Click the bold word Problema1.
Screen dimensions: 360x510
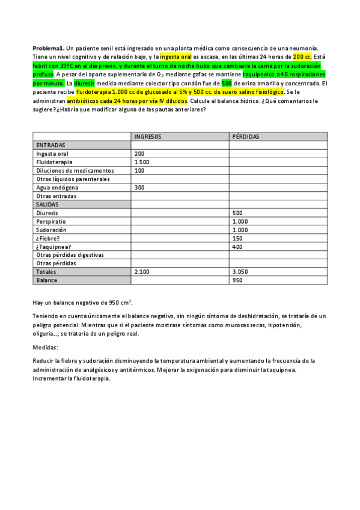click(48, 48)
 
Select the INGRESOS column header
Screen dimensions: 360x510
click(147, 137)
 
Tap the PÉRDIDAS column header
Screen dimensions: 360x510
click(245, 137)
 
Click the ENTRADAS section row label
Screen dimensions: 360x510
click(51, 145)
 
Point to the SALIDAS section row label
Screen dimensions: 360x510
click(49, 204)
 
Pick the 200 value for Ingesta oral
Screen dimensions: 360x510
click(139, 154)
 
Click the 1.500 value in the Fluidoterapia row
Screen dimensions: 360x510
click(142, 162)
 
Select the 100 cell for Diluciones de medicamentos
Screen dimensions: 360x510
click(139, 171)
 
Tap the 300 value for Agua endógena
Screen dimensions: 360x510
click(139, 188)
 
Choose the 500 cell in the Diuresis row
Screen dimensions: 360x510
click(237, 213)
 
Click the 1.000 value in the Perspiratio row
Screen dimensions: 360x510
click(240, 221)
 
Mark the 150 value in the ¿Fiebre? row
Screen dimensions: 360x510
click(237, 238)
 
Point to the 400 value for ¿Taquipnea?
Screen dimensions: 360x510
click(237, 247)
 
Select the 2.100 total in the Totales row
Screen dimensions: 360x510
click(142, 272)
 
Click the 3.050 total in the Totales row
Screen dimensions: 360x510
click(240, 272)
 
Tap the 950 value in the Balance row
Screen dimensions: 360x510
click(237, 280)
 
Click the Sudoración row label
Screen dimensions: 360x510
click(51, 230)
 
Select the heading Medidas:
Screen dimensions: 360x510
click(45, 348)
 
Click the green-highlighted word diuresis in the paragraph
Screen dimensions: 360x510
click(84, 84)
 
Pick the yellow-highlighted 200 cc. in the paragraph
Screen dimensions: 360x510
click(302, 56)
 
